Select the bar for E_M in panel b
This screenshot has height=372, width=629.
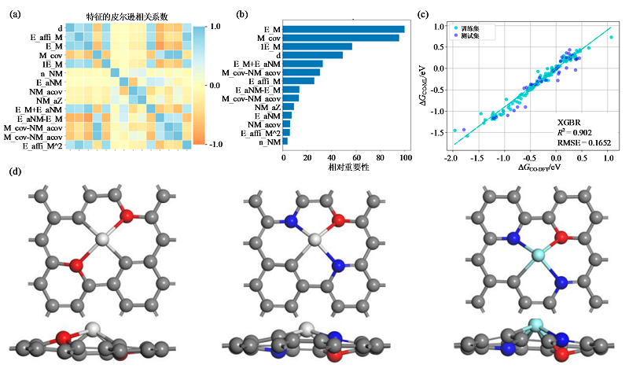pyautogui.click(x=344, y=30)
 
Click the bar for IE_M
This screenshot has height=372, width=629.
pyautogui.click(x=318, y=46)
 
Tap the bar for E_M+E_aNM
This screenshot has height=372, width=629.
pyautogui.click(x=303, y=64)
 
